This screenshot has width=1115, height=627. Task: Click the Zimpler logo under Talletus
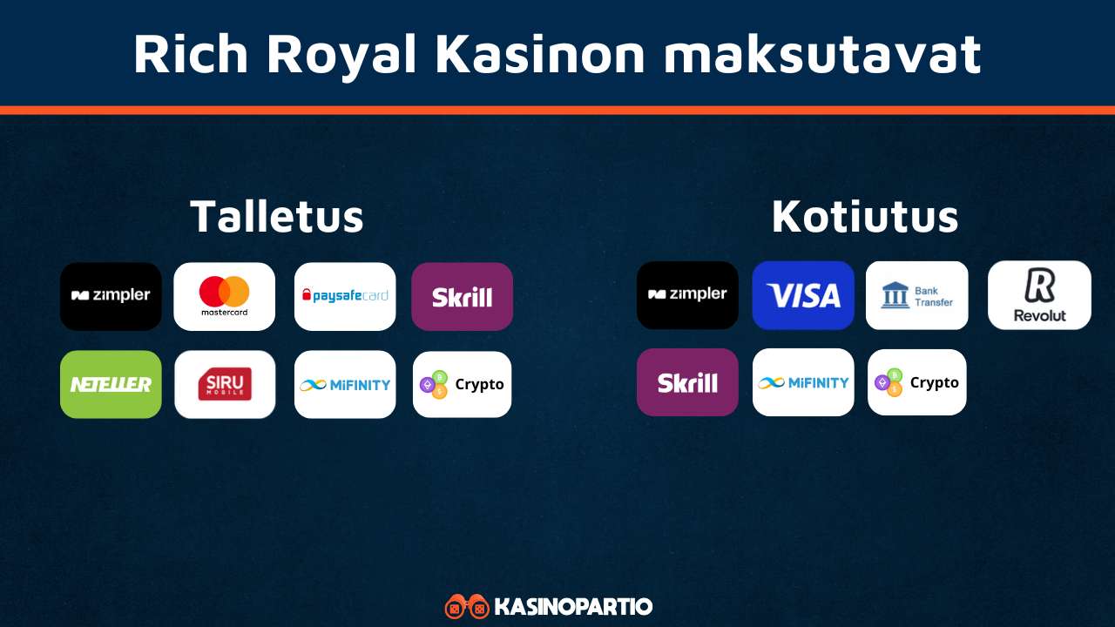point(111,296)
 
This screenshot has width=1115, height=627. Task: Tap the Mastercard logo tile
point(225,296)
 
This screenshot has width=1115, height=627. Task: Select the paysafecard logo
point(345,296)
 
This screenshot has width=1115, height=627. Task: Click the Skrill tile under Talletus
point(462,296)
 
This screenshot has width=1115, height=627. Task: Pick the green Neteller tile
point(111,384)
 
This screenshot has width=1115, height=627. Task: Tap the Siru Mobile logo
point(225,384)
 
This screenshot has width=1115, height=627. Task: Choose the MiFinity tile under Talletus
point(345,384)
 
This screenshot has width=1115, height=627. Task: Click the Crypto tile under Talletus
point(462,384)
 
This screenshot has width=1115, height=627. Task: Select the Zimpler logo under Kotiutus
point(687,294)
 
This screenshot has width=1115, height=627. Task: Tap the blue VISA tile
point(803,294)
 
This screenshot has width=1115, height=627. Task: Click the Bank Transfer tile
point(917,295)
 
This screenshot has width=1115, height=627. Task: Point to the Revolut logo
point(1039,294)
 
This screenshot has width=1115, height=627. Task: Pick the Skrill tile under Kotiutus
point(687,382)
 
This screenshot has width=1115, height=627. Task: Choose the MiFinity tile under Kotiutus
point(803,382)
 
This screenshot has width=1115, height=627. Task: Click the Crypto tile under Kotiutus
point(917,382)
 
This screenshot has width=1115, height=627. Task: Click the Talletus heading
point(277,217)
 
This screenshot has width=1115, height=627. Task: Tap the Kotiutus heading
point(865,217)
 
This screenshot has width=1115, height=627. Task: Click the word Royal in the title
point(341,55)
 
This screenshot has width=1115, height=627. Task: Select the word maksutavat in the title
point(823,54)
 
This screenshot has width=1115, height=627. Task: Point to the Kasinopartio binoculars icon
point(467,606)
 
